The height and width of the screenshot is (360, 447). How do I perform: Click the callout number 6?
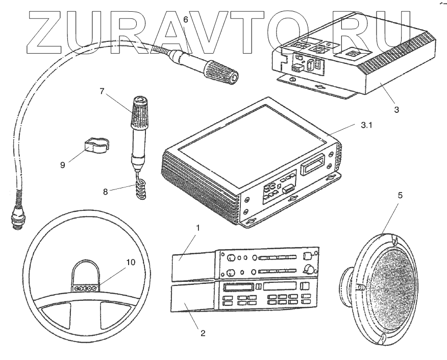click(x=185, y=19)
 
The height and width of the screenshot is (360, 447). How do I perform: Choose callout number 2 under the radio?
click(x=203, y=333)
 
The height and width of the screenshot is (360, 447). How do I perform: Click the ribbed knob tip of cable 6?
click(x=225, y=73)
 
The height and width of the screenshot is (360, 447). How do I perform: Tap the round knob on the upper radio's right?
click(x=308, y=269)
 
